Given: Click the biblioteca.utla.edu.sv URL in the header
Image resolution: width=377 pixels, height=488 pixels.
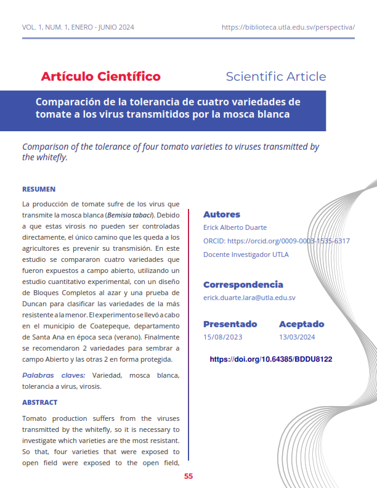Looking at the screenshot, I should pyautogui.click(x=288, y=27).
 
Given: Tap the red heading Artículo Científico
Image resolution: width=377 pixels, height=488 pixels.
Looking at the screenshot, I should pyautogui.click(x=100, y=76).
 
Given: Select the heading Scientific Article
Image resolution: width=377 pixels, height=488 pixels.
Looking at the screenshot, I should pyautogui.click(x=275, y=76).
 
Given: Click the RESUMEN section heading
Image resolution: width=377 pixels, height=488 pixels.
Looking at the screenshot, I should pyautogui.click(x=39, y=189).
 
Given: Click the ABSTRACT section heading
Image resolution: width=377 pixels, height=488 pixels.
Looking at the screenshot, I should pyautogui.click(x=39, y=402).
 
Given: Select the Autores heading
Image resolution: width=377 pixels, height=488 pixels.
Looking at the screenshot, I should pyautogui.click(x=221, y=214).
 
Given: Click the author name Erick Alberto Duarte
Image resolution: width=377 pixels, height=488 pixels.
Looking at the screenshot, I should pyautogui.click(x=235, y=228).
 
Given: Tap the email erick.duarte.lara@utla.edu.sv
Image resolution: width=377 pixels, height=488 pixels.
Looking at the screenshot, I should pyautogui.click(x=249, y=298).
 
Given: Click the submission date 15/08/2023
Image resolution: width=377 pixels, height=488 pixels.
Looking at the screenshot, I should pyautogui.click(x=222, y=337).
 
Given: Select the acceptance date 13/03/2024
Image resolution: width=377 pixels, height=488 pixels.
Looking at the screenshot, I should pyautogui.click(x=297, y=337).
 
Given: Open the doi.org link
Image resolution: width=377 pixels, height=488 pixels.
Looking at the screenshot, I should pyautogui.click(x=271, y=359).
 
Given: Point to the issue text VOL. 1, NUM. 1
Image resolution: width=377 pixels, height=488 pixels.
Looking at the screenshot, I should pyautogui.click(x=46, y=27).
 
